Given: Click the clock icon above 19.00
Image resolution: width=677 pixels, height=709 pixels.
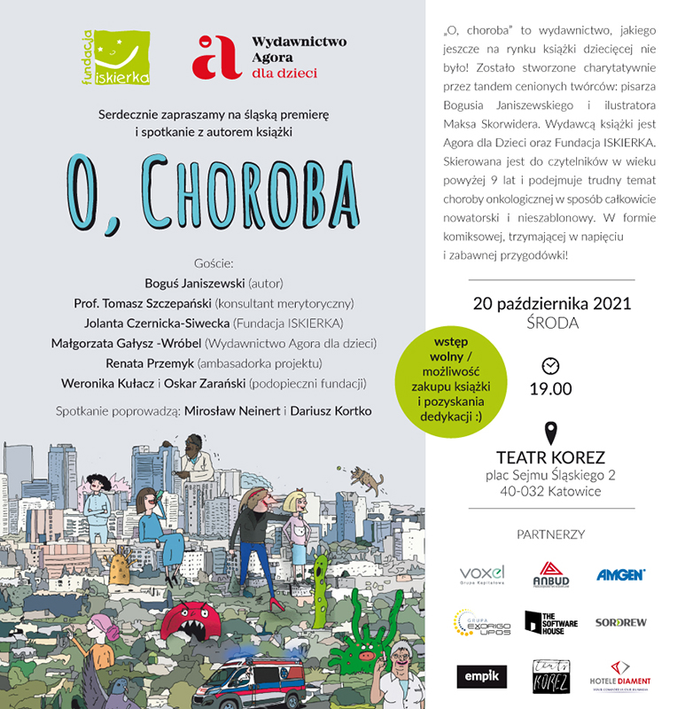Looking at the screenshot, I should coord(550,365).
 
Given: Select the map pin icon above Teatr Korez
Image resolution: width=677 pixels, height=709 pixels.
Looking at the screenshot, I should coord(551,433).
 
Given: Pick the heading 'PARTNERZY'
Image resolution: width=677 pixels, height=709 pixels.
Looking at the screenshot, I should coord(551,534).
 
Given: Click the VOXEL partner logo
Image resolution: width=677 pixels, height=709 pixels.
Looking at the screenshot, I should coord(481,573).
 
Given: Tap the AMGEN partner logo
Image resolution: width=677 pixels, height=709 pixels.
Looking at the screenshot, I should coord(620,574).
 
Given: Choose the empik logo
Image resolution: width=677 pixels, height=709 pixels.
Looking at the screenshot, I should coord(482,675).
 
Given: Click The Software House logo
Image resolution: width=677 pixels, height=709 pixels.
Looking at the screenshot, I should coord(550,623).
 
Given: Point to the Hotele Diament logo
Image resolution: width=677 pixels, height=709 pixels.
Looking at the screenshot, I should coord(620,675).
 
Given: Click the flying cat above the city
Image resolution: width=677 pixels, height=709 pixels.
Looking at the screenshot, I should coord(367,479).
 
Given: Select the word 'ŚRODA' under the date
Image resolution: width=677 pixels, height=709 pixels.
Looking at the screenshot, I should coord(551,323).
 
